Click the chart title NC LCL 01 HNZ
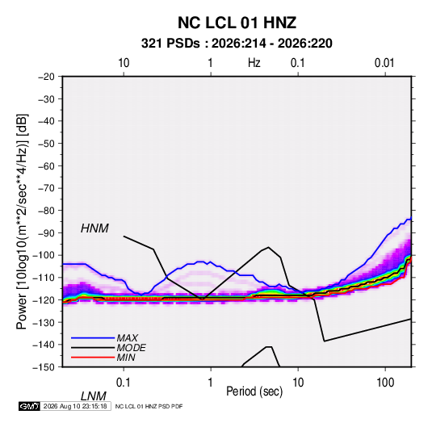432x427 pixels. coord(237,23)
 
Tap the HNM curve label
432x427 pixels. coord(94,228)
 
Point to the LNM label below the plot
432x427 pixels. coord(94,396)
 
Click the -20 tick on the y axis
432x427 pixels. coord(46,77)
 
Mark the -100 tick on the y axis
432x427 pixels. coord(44,255)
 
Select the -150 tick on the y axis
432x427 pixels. coord(44,367)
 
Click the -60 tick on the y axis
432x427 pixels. coord(46,165)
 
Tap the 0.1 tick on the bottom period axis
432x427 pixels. coord(124,383)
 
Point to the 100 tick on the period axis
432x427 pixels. coord(385,383)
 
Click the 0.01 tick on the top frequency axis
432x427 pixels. coord(384,63)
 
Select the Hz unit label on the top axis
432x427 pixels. coord(254,63)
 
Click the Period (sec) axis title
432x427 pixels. coord(254,391)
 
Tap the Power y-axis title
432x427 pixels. coord(22,222)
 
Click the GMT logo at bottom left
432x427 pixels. coord(29,406)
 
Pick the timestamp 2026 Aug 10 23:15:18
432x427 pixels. coord(75,406)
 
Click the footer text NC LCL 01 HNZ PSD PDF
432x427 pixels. coord(149,406)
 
